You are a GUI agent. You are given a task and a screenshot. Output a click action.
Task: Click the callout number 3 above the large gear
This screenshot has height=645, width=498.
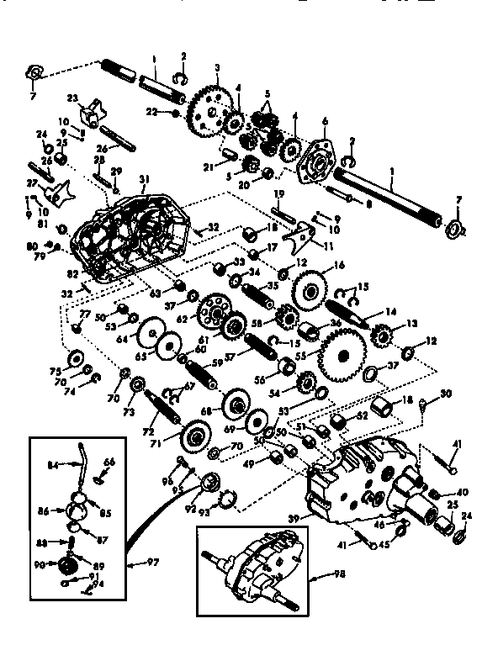click(x=217, y=67)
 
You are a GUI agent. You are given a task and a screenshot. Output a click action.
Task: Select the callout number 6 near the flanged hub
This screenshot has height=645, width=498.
click(x=325, y=120)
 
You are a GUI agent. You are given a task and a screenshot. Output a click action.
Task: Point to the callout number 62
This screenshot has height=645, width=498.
click(x=182, y=320)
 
